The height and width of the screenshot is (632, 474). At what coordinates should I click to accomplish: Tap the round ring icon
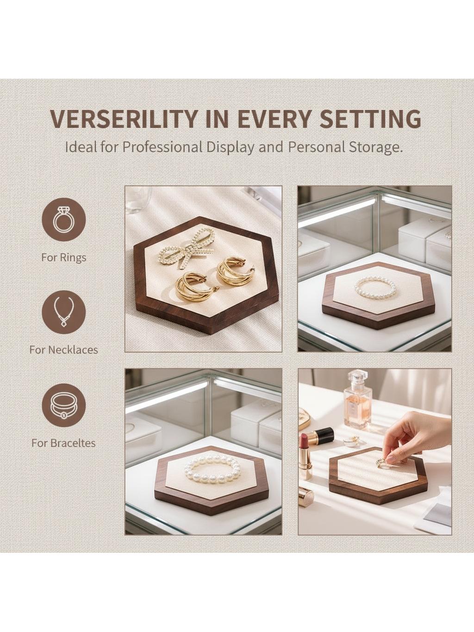coord(64,222)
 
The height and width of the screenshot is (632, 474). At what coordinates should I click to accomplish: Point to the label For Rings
coord(64,257)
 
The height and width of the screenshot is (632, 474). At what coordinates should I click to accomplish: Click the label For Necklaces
coord(63,350)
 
